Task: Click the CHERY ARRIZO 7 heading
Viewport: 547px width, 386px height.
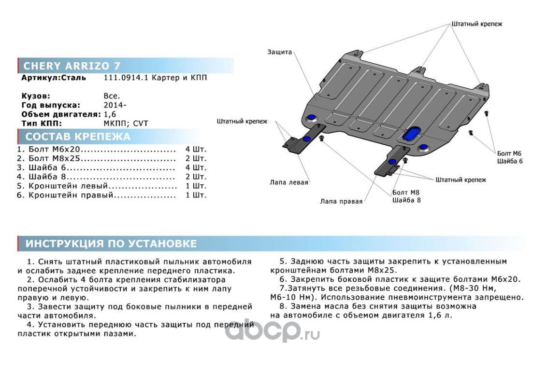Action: [x=72, y=66]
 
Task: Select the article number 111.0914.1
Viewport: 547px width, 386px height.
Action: [x=123, y=78]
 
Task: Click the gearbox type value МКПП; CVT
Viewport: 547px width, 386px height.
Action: [x=126, y=123]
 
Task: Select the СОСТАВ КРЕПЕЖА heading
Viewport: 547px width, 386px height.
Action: [x=78, y=137]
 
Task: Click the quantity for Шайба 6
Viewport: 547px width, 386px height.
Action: [x=195, y=167]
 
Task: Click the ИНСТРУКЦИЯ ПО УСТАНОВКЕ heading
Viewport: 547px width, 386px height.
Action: [x=111, y=244]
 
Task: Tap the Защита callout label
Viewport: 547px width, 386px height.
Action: [x=279, y=52]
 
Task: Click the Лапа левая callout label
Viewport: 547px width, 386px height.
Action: [x=289, y=182]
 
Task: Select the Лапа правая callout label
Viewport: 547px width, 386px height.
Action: [x=341, y=201]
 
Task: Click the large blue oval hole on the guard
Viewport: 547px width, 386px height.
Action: [x=412, y=135]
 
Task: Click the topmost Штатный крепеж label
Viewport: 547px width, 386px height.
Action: [x=477, y=24]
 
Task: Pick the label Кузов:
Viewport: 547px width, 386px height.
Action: [x=36, y=96]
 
